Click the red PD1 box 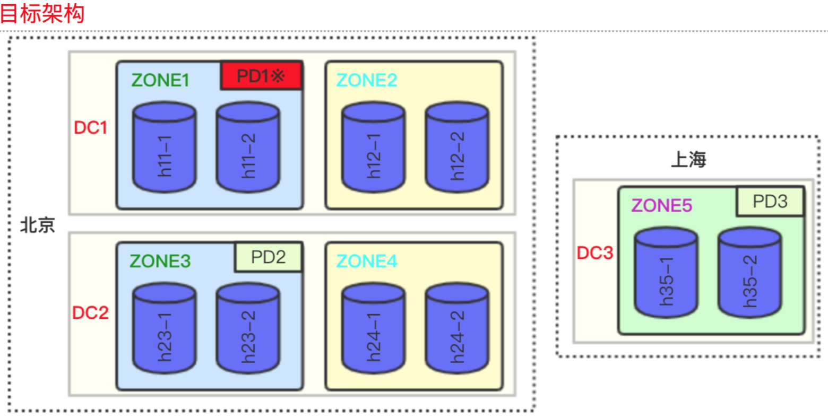tap(261, 76)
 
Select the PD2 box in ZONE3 tap(269, 257)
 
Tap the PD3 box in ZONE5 tap(770, 202)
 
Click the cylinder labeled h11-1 tap(165, 147)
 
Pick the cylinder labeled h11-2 tap(248, 147)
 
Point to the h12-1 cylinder tap(374, 147)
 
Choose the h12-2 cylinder tap(457, 147)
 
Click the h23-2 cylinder tap(248, 329)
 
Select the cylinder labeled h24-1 tap(374, 329)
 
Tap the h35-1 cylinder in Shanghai tap(666, 273)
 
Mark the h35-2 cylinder tap(749, 273)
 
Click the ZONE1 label tap(160, 80)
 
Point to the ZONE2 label tap(367, 80)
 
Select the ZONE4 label tap(367, 262)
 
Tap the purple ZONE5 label tap(662, 205)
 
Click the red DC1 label tap(91, 128)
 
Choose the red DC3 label tap(595, 254)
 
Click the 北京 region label tap(38, 225)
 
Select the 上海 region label tap(688, 160)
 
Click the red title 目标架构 tap(42, 13)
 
